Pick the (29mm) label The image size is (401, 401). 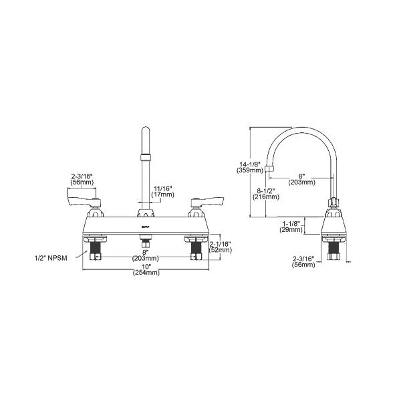pyautogui.click(x=292, y=231)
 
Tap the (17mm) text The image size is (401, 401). pyautogui.click(x=162, y=195)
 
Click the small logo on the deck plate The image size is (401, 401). pyautogui.click(x=144, y=227)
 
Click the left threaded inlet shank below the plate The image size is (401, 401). pyautogui.click(x=95, y=251)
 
